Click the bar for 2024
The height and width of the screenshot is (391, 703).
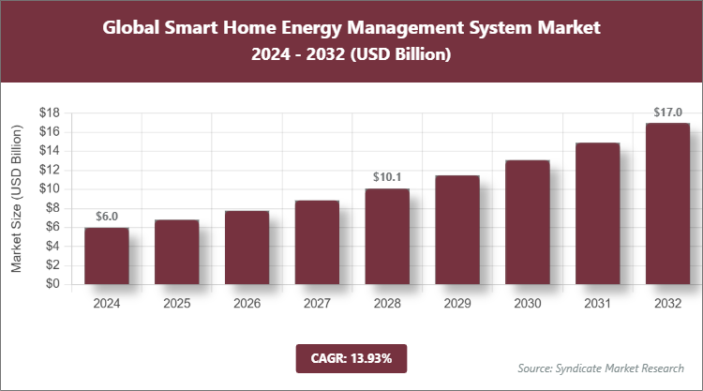point(106,255)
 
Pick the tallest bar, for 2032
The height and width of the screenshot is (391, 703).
point(668,203)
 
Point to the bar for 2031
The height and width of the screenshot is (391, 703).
point(598,213)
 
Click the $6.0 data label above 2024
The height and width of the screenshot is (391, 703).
point(106,217)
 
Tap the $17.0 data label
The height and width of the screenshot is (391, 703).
point(668,113)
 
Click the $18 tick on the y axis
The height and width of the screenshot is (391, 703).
point(50,113)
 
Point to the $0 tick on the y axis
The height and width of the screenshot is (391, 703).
point(53,284)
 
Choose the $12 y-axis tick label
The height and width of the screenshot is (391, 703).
point(50,170)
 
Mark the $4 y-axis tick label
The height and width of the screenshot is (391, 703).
point(53,246)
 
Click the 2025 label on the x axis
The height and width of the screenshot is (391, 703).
point(176,304)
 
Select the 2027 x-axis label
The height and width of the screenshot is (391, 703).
point(317,304)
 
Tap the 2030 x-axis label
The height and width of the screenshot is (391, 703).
point(528,304)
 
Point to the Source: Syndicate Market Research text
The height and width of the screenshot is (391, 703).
point(601,368)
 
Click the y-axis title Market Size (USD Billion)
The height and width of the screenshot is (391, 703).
point(17,199)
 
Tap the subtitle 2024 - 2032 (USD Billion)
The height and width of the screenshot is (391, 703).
point(351,55)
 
